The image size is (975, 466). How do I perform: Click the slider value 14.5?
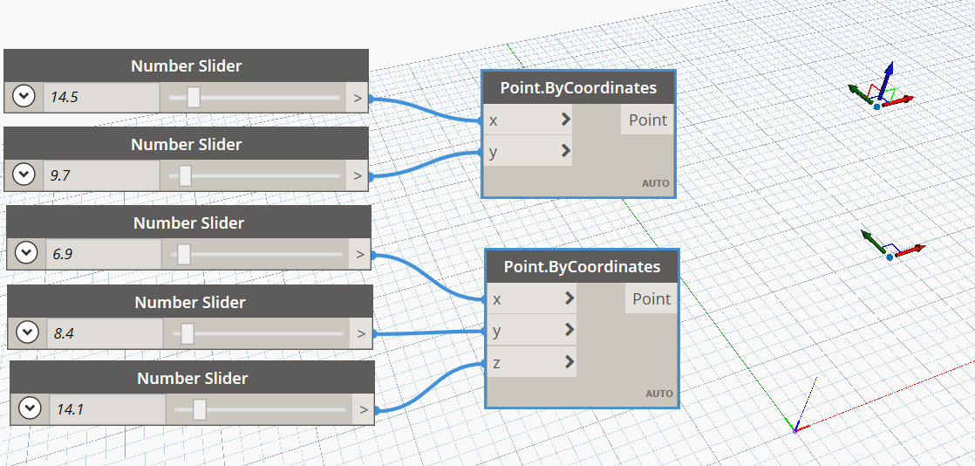point(64,97)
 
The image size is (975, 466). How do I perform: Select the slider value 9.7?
point(59,175)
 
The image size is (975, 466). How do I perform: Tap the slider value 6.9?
point(63,254)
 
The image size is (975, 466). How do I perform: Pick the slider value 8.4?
point(64,333)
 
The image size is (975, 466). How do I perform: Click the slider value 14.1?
point(69,409)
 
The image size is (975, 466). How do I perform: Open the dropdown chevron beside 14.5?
point(24,97)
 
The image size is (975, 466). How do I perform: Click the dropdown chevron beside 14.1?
point(30,408)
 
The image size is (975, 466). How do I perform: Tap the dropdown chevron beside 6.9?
point(26,254)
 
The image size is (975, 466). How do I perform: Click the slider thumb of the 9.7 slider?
point(185,175)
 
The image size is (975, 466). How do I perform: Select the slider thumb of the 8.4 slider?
point(187,333)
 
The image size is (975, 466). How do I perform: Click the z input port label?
point(497,363)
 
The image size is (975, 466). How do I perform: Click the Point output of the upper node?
point(647,120)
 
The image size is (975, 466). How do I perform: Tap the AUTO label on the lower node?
point(659,394)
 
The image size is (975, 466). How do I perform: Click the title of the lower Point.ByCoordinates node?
point(582,267)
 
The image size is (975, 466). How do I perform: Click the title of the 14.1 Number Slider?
point(192,378)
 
